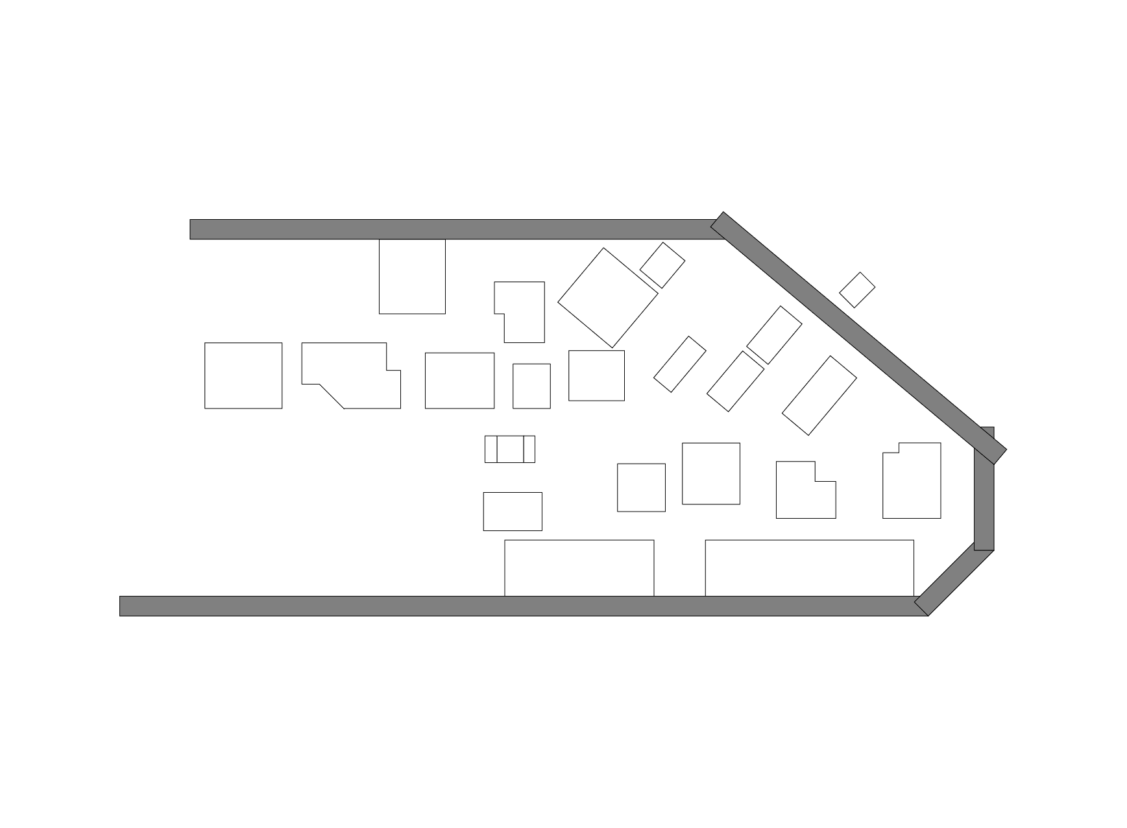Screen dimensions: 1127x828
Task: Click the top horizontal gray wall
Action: click(454, 230)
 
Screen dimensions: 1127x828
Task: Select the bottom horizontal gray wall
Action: click(519, 606)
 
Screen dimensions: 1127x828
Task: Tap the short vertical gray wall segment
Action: click(984, 499)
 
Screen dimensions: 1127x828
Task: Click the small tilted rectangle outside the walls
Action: click(857, 290)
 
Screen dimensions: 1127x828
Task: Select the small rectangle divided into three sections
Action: click(510, 449)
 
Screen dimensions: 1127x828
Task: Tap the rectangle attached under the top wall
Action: click(412, 277)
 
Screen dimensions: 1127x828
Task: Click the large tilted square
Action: click(608, 298)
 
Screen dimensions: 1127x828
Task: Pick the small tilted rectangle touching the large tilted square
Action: click(662, 265)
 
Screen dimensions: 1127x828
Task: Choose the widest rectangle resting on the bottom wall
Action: click(809, 568)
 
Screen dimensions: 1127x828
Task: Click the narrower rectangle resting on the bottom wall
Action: click(579, 568)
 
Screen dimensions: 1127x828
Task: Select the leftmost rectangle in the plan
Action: click(243, 375)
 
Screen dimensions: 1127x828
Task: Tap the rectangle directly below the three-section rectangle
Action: click(513, 512)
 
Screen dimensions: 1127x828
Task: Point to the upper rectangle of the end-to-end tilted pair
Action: click(774, 335)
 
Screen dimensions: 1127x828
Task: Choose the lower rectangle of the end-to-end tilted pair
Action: click(735, 381)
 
